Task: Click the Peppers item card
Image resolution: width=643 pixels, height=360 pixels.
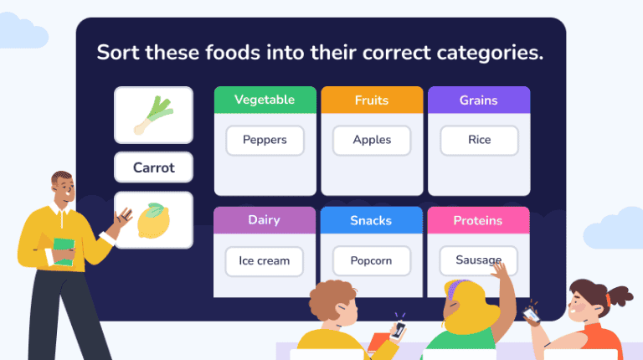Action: point(265,141)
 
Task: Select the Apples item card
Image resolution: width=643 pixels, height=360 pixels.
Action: point(372,141)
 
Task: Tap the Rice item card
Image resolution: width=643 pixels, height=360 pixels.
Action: point(479,141)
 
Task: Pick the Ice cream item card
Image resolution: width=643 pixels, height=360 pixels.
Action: point(264,261)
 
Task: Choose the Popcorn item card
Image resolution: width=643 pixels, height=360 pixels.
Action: point(372,261)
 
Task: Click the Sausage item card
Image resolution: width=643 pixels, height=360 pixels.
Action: point(478,260)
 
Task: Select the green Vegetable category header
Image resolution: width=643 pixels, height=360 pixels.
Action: point(265,100)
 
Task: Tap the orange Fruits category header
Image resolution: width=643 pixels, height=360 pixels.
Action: point(372,100)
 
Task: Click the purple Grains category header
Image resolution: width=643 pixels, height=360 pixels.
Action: point(479,100)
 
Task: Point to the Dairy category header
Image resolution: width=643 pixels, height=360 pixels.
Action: point(264,220)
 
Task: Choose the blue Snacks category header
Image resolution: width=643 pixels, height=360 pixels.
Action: point(372,221)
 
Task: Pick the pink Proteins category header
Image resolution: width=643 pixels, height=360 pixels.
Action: point(478,221)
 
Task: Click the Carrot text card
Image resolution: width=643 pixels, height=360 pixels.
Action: point(154,167)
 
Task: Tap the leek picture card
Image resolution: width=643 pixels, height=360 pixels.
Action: point(154,116)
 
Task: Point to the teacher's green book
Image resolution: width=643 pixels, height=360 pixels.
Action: point(64,251)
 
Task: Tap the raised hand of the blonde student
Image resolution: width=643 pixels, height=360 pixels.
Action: point(502,273)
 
